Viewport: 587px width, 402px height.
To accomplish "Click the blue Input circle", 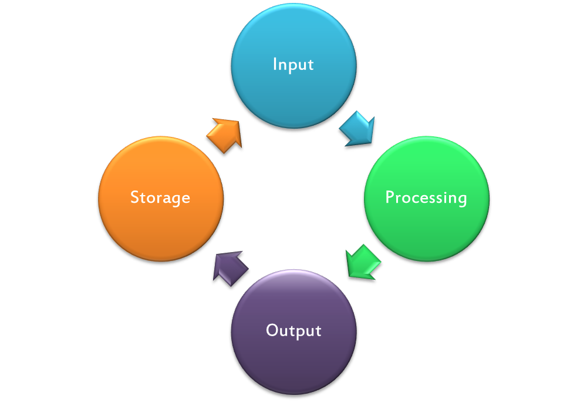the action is click(294, 66).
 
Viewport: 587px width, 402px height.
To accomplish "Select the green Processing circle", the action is click(427, 199).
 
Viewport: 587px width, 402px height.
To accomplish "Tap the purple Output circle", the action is click(294, 332).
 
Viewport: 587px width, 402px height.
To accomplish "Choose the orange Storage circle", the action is click(161, 199).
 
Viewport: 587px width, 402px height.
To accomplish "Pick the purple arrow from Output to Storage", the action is click(230, 268).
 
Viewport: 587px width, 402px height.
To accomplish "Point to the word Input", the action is click(293, 65).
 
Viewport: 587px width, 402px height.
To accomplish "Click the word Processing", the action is click(426, 197).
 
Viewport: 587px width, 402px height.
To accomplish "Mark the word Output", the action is click(293, 330).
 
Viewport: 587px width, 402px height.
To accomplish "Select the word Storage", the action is click(160, 197).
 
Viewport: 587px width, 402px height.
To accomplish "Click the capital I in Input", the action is click(275, 63).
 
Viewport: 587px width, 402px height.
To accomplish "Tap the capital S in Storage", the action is click(135, 197).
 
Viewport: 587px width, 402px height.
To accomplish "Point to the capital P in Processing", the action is click(390, 197).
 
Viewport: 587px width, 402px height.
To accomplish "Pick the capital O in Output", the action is click(272, 330).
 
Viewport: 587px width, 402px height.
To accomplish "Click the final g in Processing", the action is click(462, 200).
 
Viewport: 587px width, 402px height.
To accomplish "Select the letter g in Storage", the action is click(175, 200).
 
